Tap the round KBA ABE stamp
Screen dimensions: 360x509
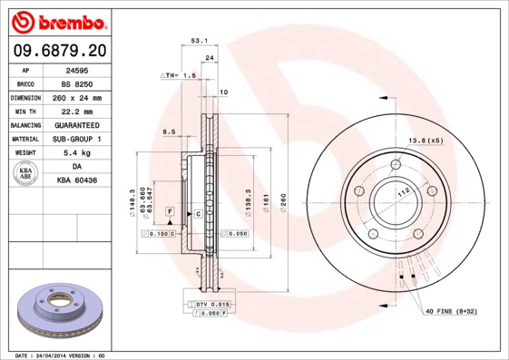(x=26, y=174)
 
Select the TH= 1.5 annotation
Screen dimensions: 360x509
(x=179, y=75)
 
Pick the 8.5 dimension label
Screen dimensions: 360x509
(x=169, y=132)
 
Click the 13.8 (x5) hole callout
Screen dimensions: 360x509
(x=426, y=141)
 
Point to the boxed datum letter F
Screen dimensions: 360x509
(x=169, y=210)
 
